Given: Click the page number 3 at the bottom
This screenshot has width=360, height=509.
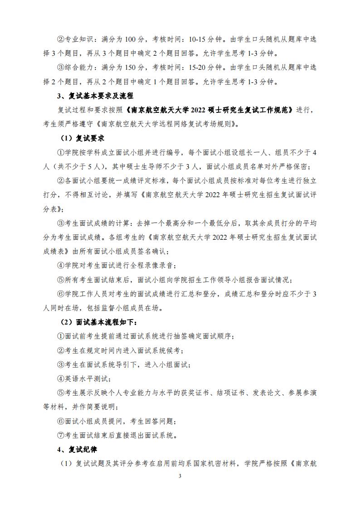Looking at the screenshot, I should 180,476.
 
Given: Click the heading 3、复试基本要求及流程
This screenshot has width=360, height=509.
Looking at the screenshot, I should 94,96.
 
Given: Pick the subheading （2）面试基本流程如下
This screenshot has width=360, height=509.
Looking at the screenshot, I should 98,322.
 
